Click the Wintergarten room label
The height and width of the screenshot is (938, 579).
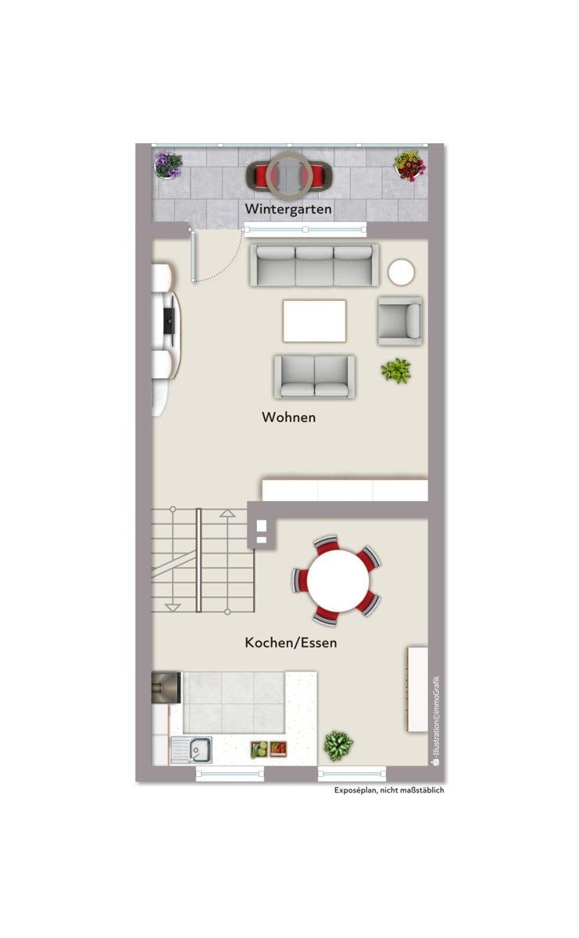[x=288, y=209]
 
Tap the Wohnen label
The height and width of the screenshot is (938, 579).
[x=288, y=417]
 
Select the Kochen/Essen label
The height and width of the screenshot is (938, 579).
[x=291, y=643]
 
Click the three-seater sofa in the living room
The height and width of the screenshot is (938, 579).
[x=314, y=266]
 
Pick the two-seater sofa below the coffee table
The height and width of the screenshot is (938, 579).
[x=314, y=377]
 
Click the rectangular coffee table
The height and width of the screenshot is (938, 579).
[x=314, y=320]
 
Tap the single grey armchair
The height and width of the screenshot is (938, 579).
[x=400, y=320]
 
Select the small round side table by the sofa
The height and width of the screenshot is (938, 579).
[x=401, y=272]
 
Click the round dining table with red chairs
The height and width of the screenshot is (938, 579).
[x=338, y=580]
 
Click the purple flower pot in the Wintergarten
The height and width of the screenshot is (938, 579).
[x=168, y=165]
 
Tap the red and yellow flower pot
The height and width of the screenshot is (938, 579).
[x=410, y=166]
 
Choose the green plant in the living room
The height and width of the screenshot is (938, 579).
[x=396, y=371]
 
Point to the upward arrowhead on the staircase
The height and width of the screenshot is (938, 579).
[x=227, y=513]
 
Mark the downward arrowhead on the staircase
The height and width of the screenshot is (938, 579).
[x=173, y=607]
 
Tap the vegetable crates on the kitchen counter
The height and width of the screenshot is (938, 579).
[x=269, y=749]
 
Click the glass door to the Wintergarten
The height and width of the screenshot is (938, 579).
[x=193, y=256]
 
